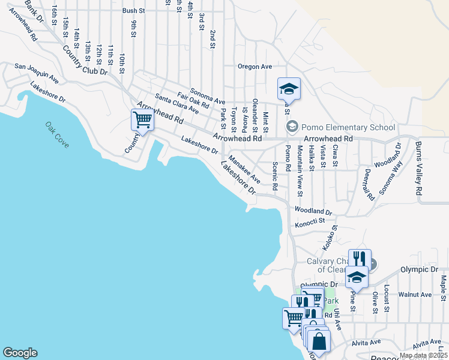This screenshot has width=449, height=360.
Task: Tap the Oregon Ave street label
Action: click(255, 67)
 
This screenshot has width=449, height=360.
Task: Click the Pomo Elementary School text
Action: click(348, 127)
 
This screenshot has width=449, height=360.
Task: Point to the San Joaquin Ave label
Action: click(37, 73)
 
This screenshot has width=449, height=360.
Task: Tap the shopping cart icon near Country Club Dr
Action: click(142, 119)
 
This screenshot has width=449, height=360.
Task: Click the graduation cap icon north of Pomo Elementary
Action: click(289, 89)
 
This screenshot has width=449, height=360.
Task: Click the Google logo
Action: click(20, 353)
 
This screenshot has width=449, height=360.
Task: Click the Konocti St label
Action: click(309, 224)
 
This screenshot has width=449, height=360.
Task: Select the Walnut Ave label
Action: click(419, 295)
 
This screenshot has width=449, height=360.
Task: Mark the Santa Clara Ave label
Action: click(176, 104)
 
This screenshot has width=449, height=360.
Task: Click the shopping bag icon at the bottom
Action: click(319, 341)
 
